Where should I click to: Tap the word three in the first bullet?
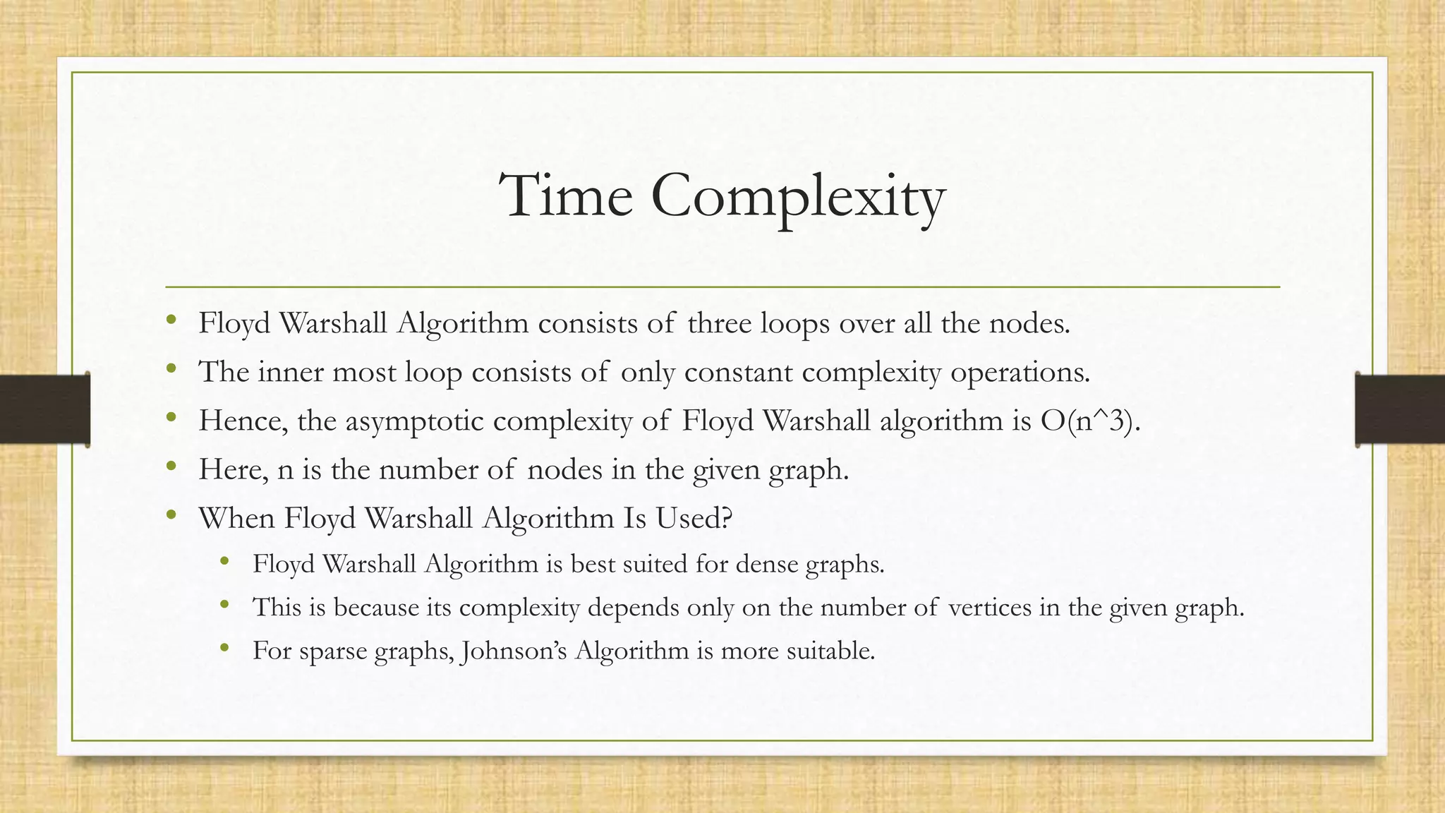point(720,323)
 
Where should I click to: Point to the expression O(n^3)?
point(1090,421)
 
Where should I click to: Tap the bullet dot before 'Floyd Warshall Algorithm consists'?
point(171,320)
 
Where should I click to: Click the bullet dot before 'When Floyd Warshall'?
point(171,515)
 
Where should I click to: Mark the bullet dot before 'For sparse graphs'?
point(225,647)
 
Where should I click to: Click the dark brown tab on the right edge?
point(1400,409)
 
